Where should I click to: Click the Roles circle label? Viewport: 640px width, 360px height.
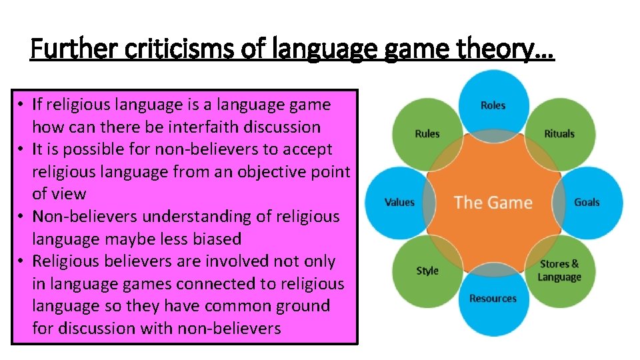tap(493, 105)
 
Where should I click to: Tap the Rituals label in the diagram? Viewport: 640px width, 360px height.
tap(559, 133)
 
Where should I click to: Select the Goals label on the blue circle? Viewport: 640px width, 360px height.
tap(587, 202)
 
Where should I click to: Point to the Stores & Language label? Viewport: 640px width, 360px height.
tap(559, 271)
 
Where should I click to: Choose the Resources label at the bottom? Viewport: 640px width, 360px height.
tap(493, 299)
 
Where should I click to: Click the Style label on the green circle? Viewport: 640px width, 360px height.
tap(427, 271)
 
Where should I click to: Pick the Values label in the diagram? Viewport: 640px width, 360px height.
tap(399, 202)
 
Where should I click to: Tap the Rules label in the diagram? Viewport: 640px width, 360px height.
tap(427, 133)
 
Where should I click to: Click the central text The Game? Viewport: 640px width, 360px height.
tap(493, 202)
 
